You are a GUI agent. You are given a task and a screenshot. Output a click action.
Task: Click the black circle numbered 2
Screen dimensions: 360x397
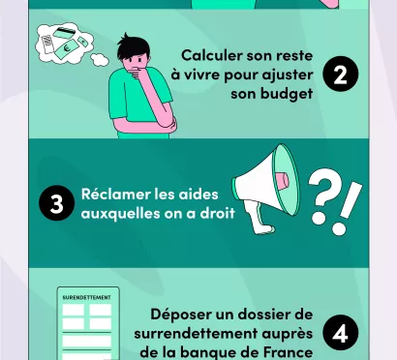340,75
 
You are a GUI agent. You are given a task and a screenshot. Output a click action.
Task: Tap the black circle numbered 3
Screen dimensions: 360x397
57,204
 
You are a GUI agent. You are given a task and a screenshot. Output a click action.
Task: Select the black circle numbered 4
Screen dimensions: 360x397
340,334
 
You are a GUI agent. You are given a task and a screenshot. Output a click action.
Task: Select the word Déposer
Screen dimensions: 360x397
182,315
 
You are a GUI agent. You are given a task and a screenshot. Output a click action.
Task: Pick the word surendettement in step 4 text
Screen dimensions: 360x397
214,334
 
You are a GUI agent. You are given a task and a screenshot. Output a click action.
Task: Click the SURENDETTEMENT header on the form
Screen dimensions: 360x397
86,296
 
